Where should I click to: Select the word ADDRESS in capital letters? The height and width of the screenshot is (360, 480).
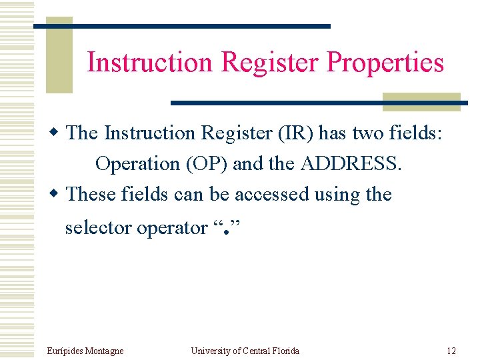(x=351, y=164)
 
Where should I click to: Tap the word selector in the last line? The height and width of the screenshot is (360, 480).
(x=99, y=228)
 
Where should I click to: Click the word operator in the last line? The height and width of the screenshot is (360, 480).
(x=172, y=228)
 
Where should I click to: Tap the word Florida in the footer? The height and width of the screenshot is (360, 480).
(x=285, y=351)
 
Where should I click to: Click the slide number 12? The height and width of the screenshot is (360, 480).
(x=451, y=351)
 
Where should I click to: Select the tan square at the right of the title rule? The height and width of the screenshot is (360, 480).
(x=421, y=102)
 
